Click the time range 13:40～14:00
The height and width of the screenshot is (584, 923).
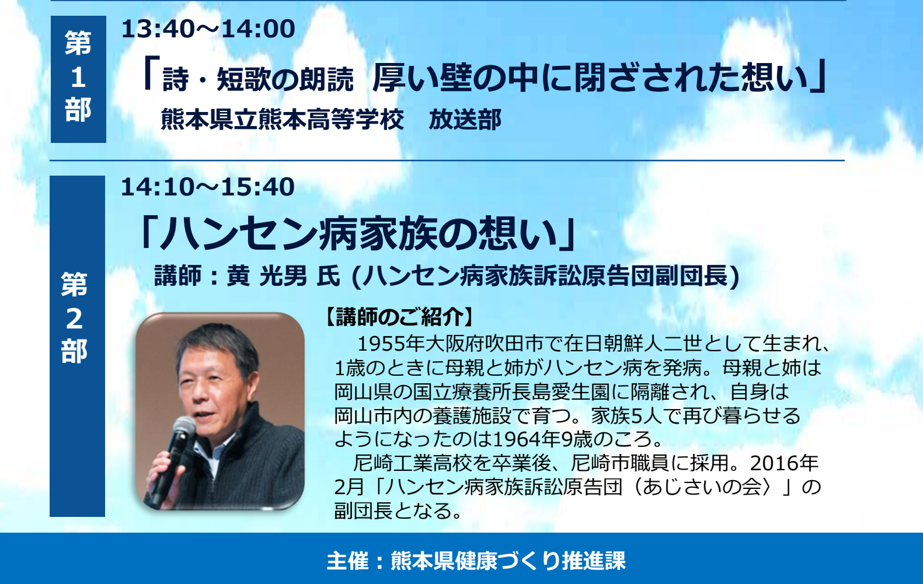click(208, 29)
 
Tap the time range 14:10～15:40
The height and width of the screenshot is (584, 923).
click(208, 187)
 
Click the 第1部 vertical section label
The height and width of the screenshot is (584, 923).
click(78, 77)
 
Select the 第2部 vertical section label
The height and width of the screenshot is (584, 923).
click(75, 317)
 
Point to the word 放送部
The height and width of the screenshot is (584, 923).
click(465, 120)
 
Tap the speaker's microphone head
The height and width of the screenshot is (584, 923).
click(184, 427)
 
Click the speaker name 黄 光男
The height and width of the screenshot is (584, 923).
click(267, 276)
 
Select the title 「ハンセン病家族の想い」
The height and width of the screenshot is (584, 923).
click(358, 234)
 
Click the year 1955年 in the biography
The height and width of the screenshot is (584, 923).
click(391, 344)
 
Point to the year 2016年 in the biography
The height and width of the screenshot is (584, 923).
click(784, 463)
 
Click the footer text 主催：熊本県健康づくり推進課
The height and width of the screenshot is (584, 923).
click(476, 561)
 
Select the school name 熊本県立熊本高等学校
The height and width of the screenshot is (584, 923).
click(282, 120)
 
